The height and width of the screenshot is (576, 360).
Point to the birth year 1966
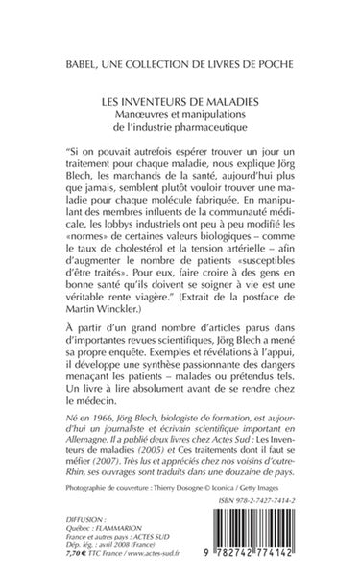96,424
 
